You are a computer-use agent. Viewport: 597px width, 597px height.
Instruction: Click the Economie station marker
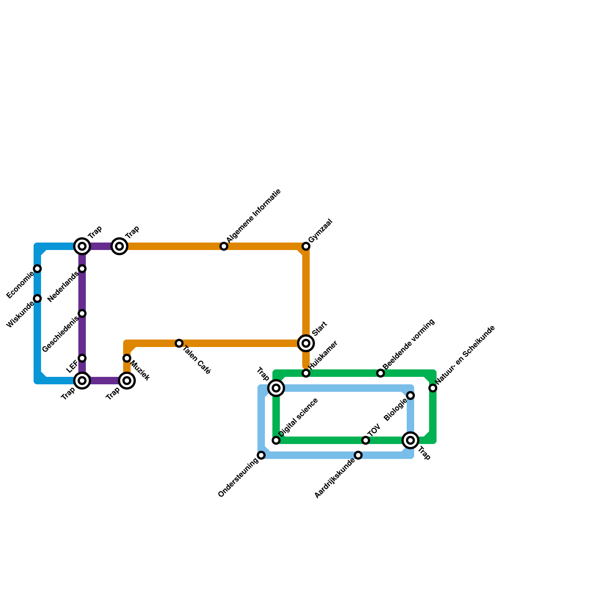pyautogui.click(x=37, y=269)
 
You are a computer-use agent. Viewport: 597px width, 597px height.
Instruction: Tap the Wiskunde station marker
pyautogui.click(x=37, y=298)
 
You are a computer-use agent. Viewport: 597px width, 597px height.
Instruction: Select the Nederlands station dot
pyautogui.click(x=82, y=269)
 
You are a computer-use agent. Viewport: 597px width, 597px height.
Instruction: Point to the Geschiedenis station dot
pyautogui.click(x=82, y=313)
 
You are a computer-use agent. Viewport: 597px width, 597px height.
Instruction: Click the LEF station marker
pyautogui.click(x=82, y=358)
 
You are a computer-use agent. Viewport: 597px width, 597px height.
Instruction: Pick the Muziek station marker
pyautogui.click(x=127, y=358)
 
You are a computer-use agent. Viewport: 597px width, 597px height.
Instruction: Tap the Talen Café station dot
pyautogui.click(x=179, y=343)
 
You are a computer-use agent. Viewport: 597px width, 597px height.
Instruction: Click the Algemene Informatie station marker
pyautogui.click(x=224, y=246)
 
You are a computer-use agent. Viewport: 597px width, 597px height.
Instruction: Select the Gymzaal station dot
pyautogui.click(x=306, y=246)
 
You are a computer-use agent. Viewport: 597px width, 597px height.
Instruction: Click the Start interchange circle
pyautogui.click(x=306, y=343)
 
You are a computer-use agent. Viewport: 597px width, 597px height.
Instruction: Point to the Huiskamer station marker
pyautogui.click(x=306, y=373)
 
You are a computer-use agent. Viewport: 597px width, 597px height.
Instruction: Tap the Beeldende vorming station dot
pyautogui.click(x=381, y=373)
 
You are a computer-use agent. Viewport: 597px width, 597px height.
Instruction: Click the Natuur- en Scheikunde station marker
pyautogui.click(x=433, y=388)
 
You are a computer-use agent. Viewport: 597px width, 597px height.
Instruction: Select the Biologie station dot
pyautogui.click(x=410, y=396)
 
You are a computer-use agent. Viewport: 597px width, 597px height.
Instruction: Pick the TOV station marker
pyautogui.click(x=366, y=440)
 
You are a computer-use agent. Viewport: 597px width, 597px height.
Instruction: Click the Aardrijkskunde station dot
pyautogui.click(x=358, y=455)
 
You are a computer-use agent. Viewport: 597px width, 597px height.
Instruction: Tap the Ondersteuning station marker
pyautogui.click(x=261, y=455)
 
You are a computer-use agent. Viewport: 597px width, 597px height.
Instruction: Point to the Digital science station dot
pyautogui.click(x=276, y=440)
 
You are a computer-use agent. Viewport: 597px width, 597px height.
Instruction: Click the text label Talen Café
pyautogui.click(x=197, y=360)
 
